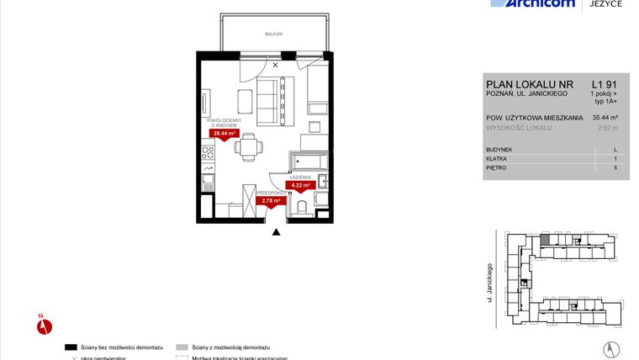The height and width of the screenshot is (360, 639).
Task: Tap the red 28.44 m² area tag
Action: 224,133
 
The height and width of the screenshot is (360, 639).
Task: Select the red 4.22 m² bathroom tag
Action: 301,185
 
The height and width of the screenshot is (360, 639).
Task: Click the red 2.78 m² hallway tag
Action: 271,200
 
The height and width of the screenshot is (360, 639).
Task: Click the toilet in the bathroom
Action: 302,206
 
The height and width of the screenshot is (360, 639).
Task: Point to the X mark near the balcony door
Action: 274,65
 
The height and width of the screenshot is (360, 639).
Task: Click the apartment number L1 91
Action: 605,84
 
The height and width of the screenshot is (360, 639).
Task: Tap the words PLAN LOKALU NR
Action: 516,84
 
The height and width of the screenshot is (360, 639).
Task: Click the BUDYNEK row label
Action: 500,149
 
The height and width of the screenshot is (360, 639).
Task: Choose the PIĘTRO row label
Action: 497,167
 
